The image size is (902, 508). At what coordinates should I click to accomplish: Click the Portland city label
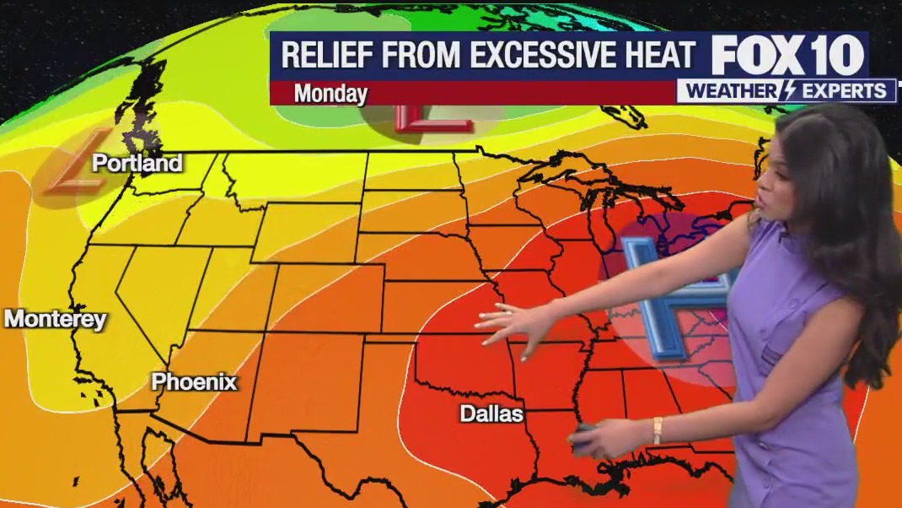coord(137,163)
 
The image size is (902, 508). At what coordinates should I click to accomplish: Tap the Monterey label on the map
coord(56,319)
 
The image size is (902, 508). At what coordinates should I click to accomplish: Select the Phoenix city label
coord(194,382)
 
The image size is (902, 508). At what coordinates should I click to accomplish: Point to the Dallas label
coord(491,413)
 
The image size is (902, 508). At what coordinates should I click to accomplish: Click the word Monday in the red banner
coord(330,93)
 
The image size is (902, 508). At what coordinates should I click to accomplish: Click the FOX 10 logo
coord(787,55)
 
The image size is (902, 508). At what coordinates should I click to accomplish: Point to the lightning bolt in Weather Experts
coord(789,91)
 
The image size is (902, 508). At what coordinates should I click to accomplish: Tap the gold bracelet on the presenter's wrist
coord(658,430)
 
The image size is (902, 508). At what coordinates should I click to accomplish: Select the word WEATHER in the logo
coord(733,91)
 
